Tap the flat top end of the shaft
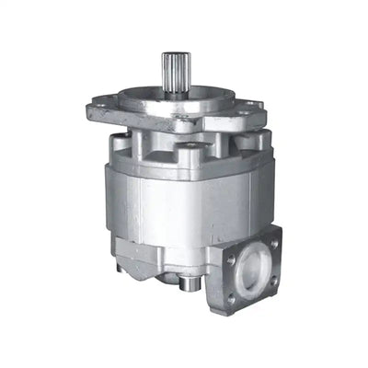click(x=173, y=54)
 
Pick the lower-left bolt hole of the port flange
click(x=231, y=297)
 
